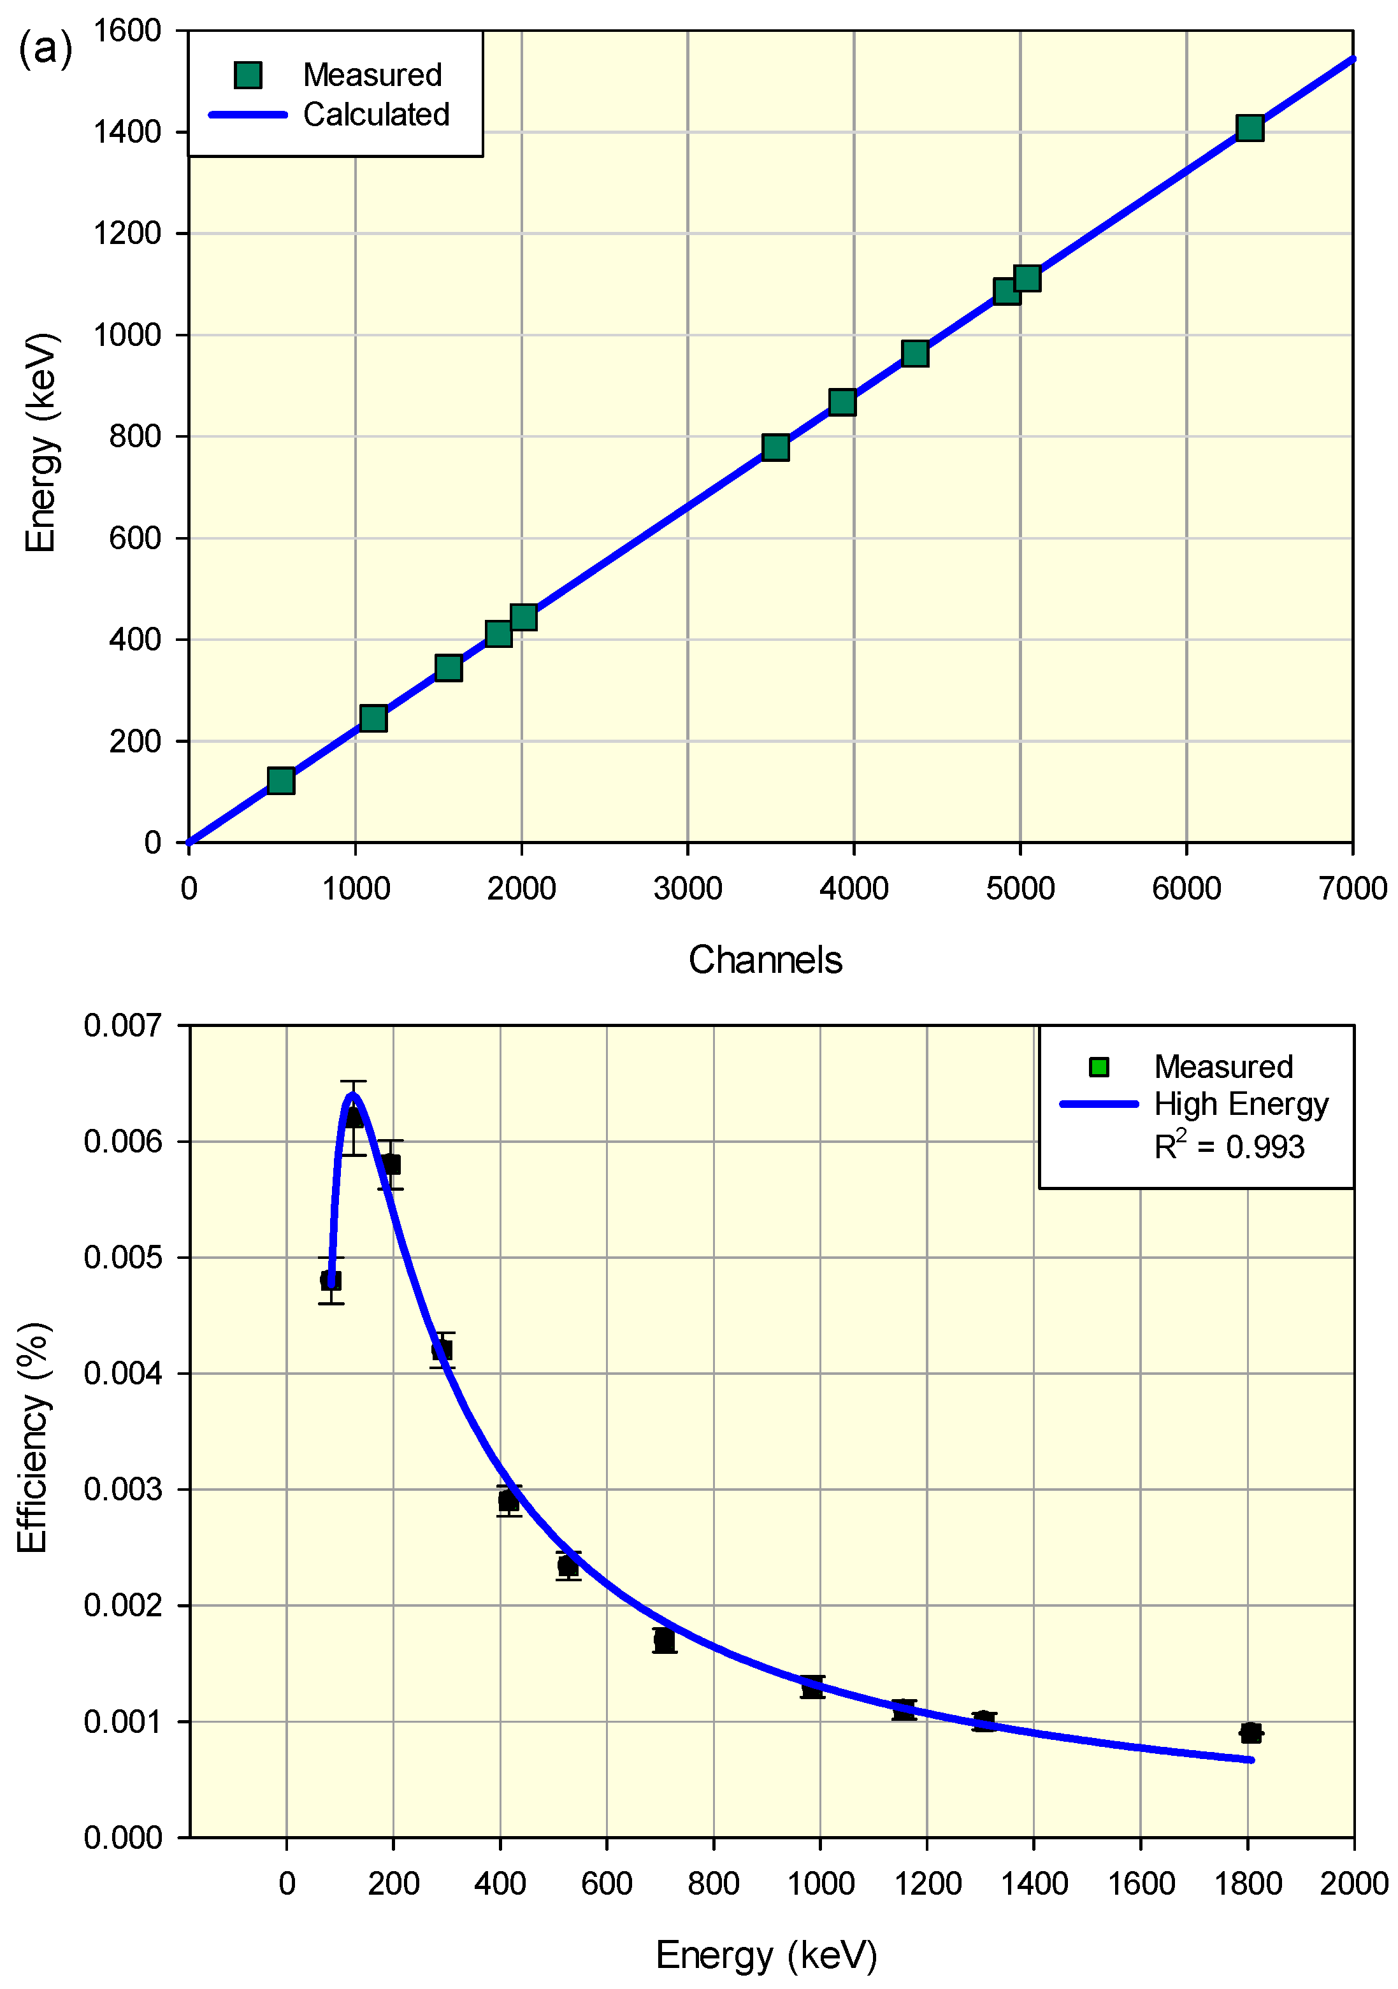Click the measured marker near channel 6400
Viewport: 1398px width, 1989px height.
(x=1249, y=128)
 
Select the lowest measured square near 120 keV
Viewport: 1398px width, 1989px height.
(x=280, y=780)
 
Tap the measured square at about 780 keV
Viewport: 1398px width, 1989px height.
(x=775, y=447)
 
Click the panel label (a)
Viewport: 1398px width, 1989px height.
(x=45, y=48)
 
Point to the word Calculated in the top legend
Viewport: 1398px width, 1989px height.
(x=376, y=114)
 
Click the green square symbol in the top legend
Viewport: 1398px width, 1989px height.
(x=249, y=75)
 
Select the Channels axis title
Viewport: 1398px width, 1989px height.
(x=765, y=960)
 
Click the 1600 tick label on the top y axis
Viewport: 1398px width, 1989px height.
(x=127, y=31)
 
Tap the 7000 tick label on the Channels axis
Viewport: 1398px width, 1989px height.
(x=1352, y=889)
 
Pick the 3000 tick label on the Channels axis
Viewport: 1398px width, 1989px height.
(x=688, y=889)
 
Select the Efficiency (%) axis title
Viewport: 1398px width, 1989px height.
(x=33, y=1437)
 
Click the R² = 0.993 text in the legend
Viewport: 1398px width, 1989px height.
(x=1229, y=1147)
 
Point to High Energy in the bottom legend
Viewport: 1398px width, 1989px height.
(x=1241, y=1105)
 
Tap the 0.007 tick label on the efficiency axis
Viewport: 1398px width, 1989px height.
(x=122, y=1026)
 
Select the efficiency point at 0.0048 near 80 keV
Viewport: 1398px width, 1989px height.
(x=330, y=1279)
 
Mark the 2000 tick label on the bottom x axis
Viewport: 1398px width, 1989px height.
(x=1353, y=1883)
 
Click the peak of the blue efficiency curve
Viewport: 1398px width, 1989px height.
(x=352, y=1095)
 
